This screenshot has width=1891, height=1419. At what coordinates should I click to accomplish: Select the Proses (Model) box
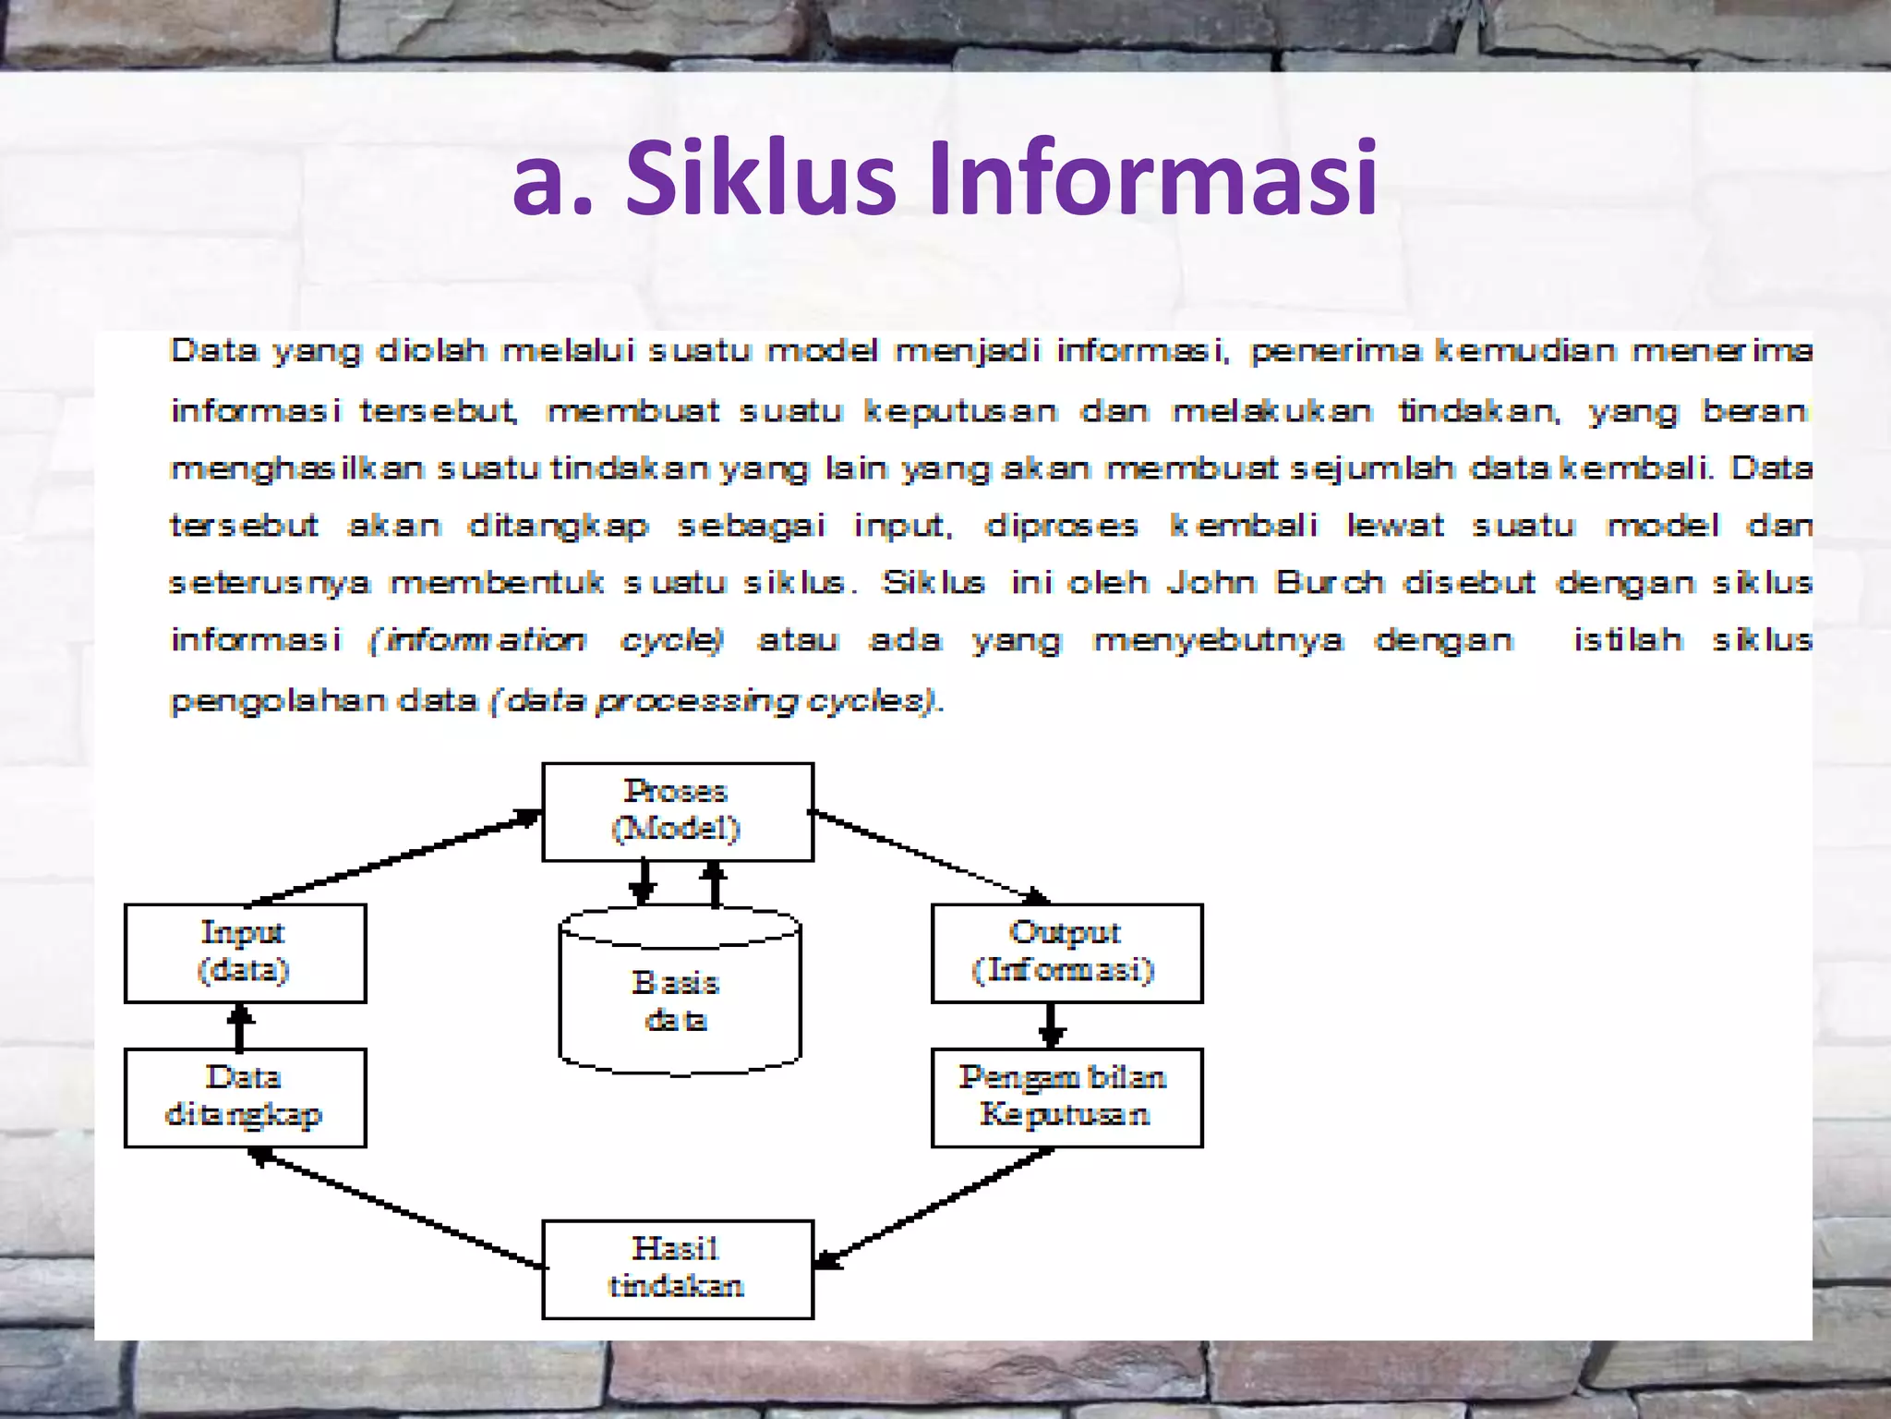[677, 811]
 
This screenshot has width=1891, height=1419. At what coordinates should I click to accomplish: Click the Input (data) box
[245, 952]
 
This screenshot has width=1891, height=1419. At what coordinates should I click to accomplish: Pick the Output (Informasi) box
[1066, 952]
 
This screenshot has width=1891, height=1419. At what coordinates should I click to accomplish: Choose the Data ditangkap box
[245, 1098]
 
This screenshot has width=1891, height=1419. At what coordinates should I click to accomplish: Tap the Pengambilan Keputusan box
[1066, 1098]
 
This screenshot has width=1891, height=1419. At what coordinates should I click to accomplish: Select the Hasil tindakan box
[677, 1268]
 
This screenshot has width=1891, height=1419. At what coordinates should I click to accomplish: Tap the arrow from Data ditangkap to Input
[240, 1025]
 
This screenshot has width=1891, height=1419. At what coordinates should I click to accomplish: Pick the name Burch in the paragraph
[1330, 583]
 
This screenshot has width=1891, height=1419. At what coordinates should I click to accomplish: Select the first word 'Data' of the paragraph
[213, 351]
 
